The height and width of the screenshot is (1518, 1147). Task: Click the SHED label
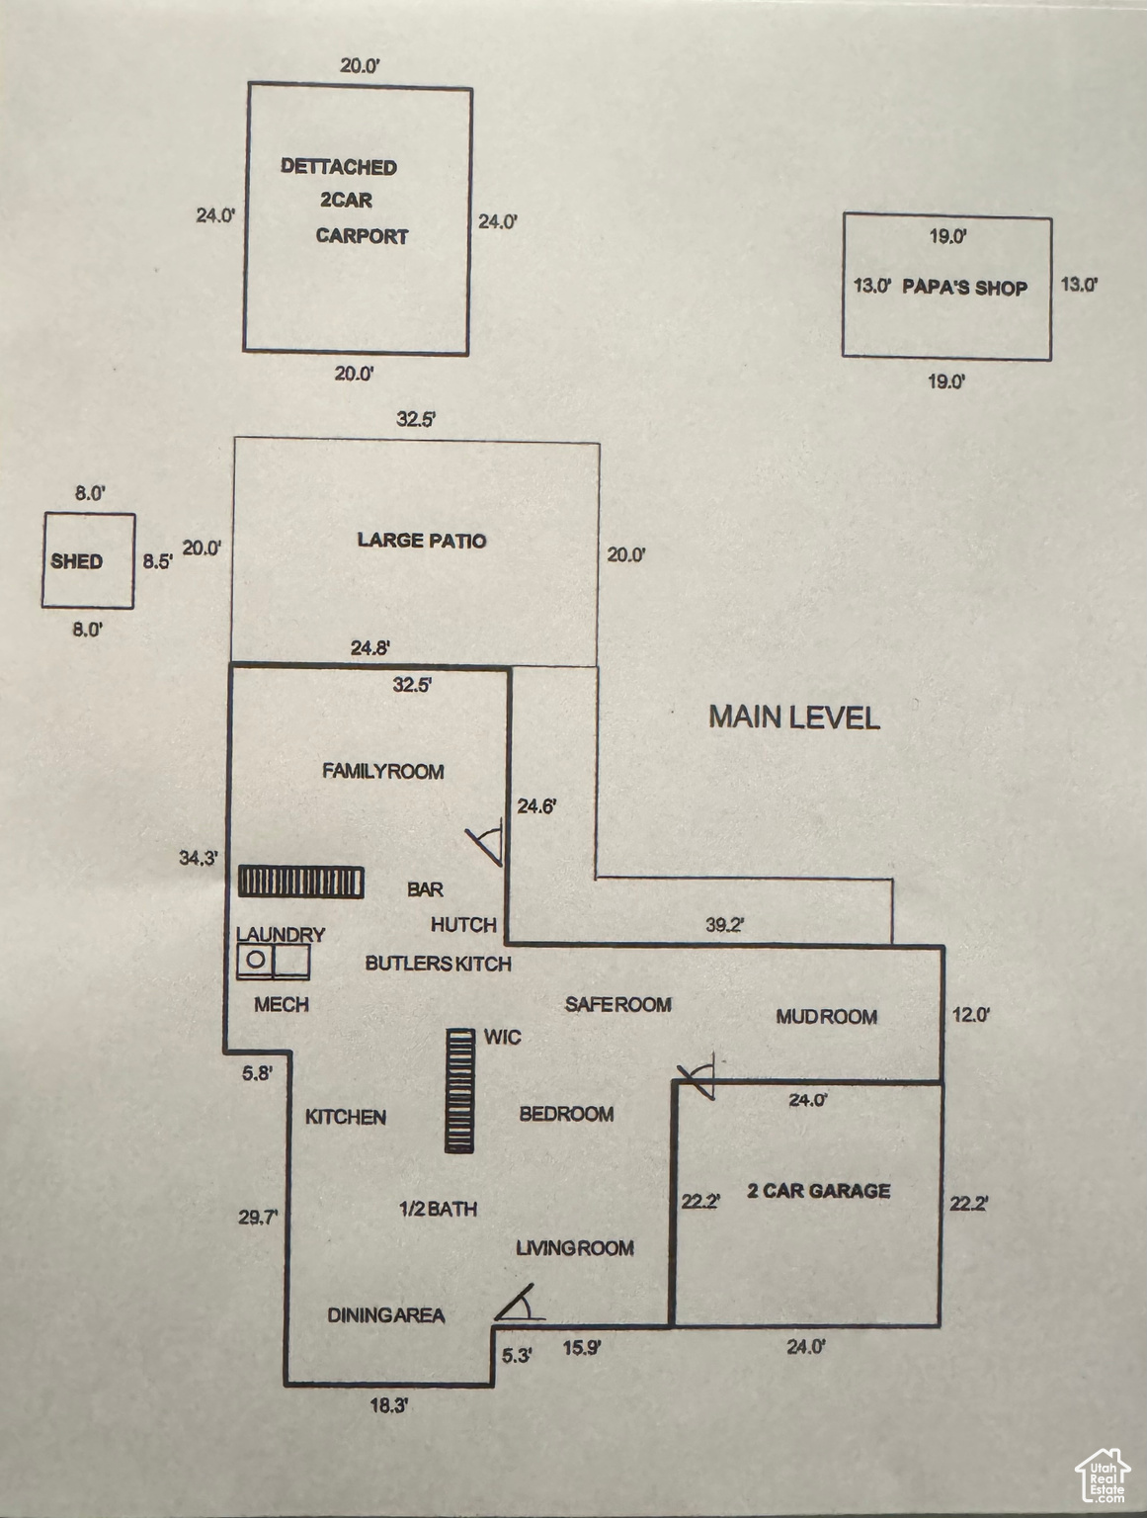77,561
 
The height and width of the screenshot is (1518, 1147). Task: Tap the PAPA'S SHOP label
964,288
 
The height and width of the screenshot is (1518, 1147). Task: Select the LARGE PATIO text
422,541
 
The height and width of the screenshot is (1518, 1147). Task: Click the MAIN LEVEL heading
794,717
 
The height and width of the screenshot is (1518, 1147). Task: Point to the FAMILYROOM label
383,771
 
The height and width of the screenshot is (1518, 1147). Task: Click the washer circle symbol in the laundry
255,960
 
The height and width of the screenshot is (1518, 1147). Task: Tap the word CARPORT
362,236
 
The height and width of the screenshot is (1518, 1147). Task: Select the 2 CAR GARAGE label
819,1191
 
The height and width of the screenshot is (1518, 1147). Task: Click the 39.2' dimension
724,925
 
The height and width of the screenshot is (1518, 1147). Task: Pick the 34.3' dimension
200,858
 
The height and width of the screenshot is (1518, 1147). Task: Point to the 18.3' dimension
390,1404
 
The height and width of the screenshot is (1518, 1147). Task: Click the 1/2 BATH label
439,1209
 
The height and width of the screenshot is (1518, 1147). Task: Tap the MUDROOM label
826,1017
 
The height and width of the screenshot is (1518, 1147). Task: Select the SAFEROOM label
618,1004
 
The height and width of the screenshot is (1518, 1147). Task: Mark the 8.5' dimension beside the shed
158,561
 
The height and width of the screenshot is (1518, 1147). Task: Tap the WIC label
503,1037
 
